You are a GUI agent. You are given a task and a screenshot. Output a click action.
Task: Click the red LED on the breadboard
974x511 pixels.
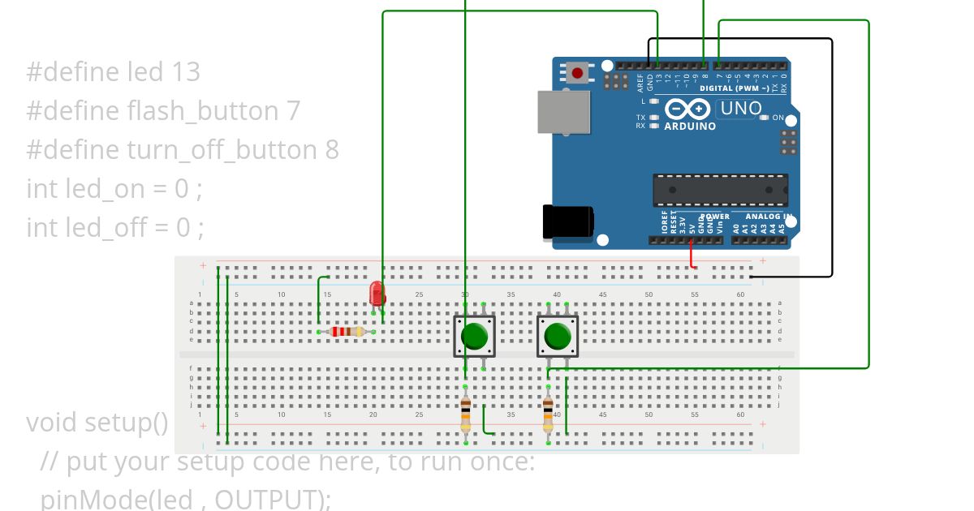pos(377,294)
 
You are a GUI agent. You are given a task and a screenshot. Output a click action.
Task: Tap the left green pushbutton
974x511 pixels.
pos(474,336)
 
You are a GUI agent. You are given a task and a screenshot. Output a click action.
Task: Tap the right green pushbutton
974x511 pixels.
pos(558,336)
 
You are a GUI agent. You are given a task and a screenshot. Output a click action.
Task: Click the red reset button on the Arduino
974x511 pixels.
pos(577,73)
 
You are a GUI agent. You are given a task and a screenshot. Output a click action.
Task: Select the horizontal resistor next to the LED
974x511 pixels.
pos(347,331)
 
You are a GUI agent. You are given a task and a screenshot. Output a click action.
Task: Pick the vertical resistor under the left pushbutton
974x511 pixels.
pos(465,414)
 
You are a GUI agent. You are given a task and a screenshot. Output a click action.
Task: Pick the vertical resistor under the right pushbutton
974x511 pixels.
pos(549,414)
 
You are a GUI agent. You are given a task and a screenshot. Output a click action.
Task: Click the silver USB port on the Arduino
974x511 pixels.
pos(563,111)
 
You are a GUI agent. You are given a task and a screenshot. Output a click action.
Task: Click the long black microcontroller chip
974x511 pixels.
pos(720,190)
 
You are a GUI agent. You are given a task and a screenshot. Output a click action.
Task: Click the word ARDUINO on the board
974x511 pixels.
pos(690,127)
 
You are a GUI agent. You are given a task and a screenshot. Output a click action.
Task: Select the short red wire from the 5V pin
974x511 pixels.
pos(692,255)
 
